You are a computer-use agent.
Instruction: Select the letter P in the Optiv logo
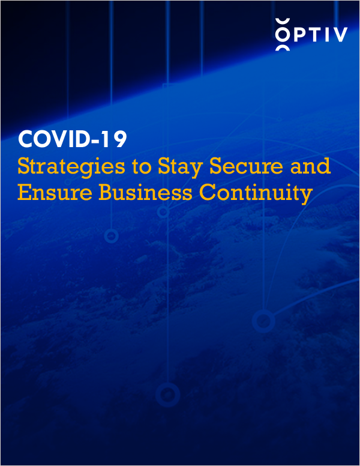pos(298,35)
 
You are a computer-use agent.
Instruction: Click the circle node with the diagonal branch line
pos(263,321)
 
